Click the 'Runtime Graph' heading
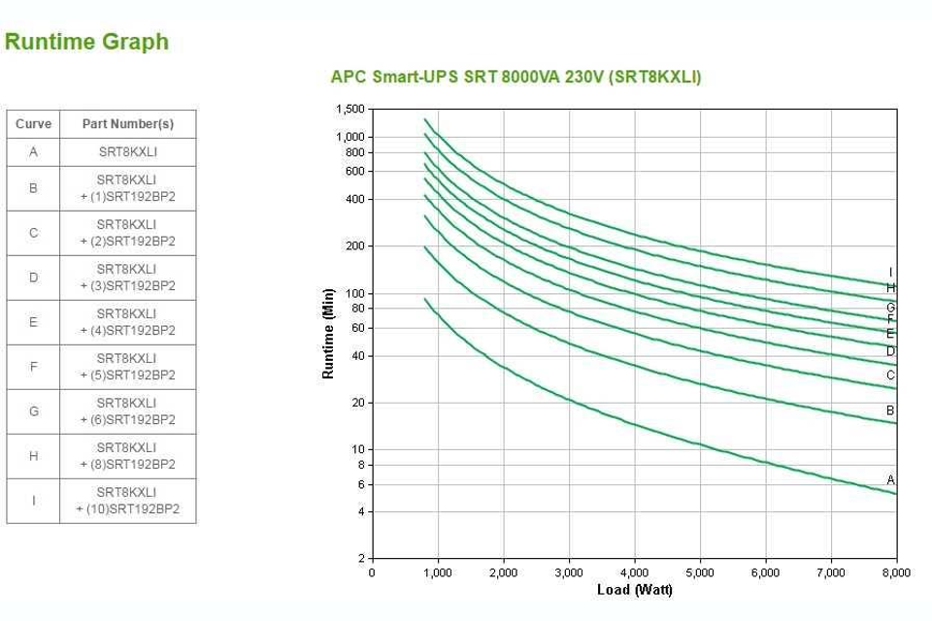coord(86,42)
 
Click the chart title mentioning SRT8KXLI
coord(516,77)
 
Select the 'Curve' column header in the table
coord(33,124)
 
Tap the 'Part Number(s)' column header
coord(128,124)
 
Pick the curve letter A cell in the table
coord(33,152)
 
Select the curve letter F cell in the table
coord(33,367)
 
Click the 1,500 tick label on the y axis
coord(350,110)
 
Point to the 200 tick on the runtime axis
coord(355,246)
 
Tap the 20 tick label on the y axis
coord(358,403)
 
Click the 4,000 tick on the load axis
coord(635,573)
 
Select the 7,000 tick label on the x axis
coord(831,573)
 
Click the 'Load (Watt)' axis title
coord(634,590)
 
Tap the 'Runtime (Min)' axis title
coord(329,333)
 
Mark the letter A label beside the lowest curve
coord(890,480)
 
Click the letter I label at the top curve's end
coord(891,273)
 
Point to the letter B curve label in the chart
coord(890,411)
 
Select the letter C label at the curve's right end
coord(890,376)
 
